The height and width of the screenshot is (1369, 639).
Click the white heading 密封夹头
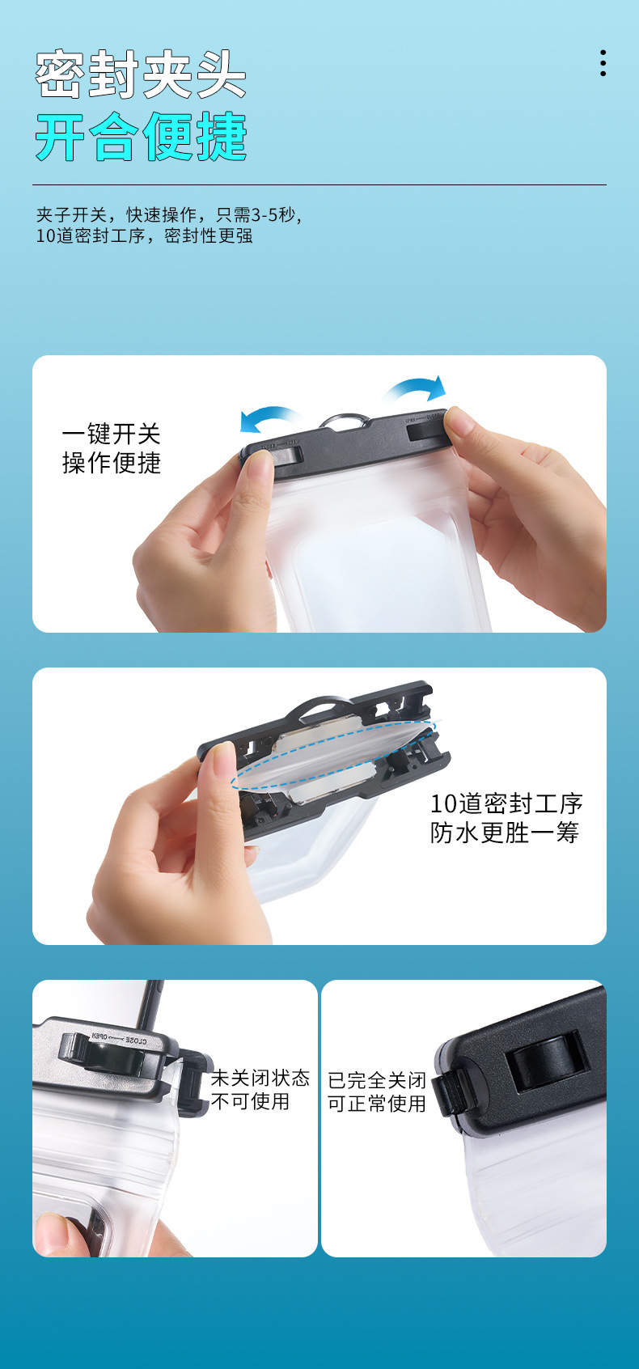[x=141, y=74]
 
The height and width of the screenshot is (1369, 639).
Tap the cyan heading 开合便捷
[x=141, y=136]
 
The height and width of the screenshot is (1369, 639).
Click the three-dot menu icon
[x=603, y=64]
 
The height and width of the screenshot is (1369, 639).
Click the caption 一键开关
[x=111, y=434]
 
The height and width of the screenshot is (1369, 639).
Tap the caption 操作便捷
[x=111, y=463]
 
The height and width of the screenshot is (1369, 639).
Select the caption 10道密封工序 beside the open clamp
[x=506, y=803]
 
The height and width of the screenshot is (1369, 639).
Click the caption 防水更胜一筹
[x=505, y=833]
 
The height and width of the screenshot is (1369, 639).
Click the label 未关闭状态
[x=260, y=1078]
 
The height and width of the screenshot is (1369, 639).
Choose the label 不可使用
[x=251, y=1101]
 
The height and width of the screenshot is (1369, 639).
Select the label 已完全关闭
[x=377, y=1080]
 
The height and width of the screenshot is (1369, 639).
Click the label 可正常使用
[x=377, y=1103]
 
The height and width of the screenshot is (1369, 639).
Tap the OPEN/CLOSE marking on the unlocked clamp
[x=119, y=1039]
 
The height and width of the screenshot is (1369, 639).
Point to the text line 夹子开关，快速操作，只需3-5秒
[x=169, y=214]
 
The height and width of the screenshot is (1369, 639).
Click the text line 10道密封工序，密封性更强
[x=144, y=235]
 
